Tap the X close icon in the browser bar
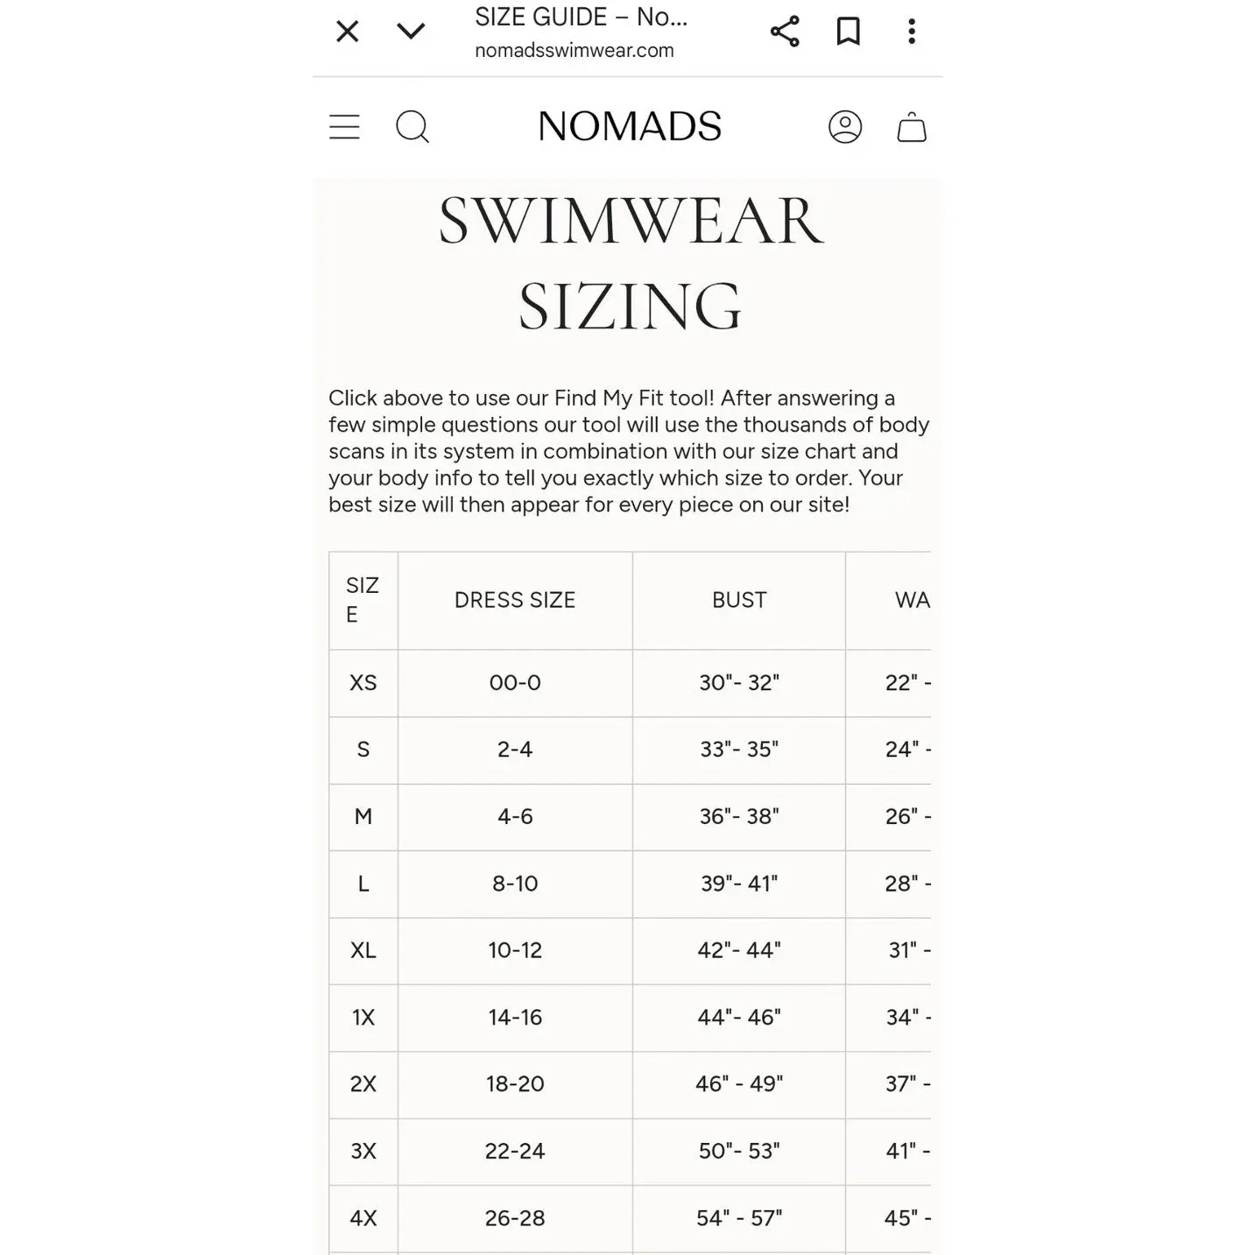coord(348,32)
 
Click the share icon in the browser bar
coord(785,32)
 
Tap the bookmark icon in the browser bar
coord(848,32)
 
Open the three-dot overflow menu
coord(912,32)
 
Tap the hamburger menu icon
coord(344,127)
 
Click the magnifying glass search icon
coord(412,127)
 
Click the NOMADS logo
coord(630,127)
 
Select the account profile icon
coord(845,127)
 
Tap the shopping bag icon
coord(912,127)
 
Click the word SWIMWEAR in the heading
coord(631,222)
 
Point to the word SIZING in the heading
coord(630,307)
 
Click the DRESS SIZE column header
coord(515,600)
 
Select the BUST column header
coord(739,600)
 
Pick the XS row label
coord(363,683)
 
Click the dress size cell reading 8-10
coord(515,884)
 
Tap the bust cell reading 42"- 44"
coord(739,950)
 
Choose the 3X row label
coord(363,1151)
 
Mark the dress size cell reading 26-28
coord(515,1218)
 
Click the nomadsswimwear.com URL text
coord(575,51)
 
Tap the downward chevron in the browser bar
coord(411,32)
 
